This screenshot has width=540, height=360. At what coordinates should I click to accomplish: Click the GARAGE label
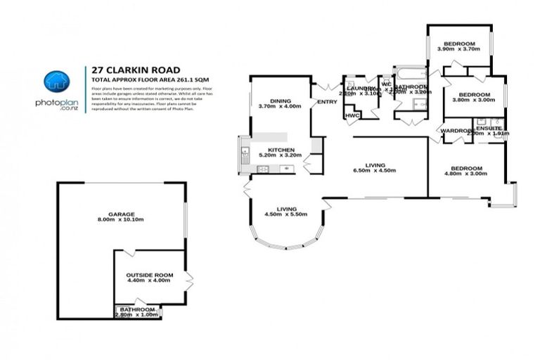tap(121, 214)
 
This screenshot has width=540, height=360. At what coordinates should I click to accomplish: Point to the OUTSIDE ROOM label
tap(149, 274)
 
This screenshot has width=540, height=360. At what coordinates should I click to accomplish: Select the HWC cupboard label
tap(352, 115)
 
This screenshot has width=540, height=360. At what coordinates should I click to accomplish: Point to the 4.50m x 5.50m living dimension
tap(285, 214)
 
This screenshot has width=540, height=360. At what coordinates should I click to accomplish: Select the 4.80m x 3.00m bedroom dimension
tap(466, 174)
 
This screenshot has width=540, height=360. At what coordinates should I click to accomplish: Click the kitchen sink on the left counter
tap(245, 153)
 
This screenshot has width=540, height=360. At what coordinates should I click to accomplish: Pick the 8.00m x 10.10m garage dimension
tap(121, 219)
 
